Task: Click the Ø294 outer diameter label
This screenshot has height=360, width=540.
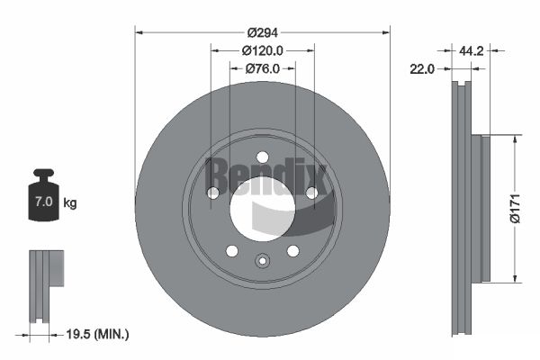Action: (x=263, y=32)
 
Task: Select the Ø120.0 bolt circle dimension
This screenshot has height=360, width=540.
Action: (x=263, y=51)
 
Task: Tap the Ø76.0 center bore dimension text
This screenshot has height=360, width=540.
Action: (x=263, y=69)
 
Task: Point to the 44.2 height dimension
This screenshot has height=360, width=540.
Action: (x=471, y=51)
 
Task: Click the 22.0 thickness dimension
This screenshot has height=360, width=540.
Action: (x=422, y=69)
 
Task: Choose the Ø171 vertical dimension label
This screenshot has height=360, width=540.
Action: (x=515, y=209)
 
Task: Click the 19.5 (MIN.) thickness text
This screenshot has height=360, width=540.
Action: (x=97, y=334)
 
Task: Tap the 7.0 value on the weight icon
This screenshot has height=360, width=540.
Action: (x=44, y=202)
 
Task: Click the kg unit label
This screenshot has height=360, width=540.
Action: (x=70, y=203)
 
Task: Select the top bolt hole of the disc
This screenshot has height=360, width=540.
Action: (x=263, y=157)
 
